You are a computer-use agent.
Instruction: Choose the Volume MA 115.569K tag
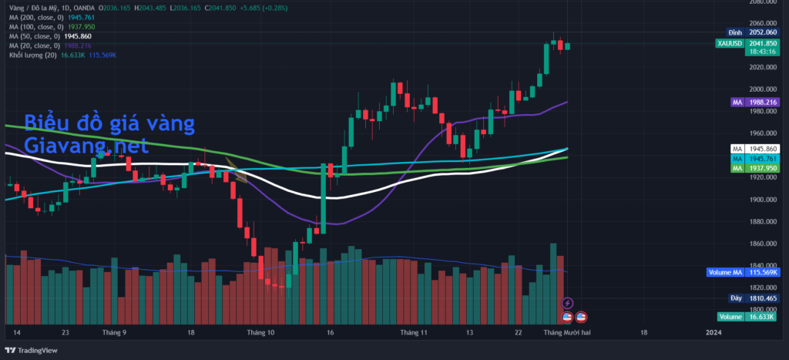coord(744,272)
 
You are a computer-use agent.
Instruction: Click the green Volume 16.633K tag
coord(747,317)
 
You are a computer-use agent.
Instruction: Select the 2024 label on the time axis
coord(714,332)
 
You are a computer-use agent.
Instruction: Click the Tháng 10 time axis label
coord(260,332)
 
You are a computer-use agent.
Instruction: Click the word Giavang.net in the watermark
coord(86,144)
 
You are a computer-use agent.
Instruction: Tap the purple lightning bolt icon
coord(568,303)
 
